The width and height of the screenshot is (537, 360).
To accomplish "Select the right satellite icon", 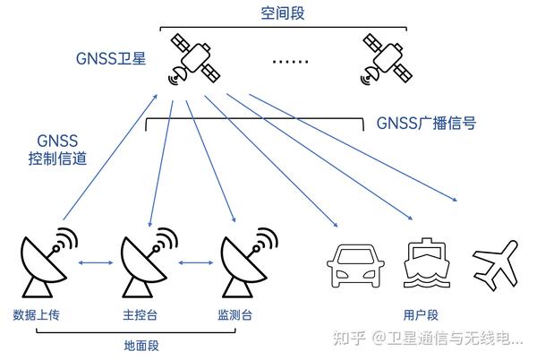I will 387,58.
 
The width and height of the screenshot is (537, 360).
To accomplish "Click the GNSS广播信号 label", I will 425,123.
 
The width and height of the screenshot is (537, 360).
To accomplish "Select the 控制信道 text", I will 55,158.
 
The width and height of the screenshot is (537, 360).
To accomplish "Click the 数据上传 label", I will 36,314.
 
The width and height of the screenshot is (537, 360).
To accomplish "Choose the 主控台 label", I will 139,314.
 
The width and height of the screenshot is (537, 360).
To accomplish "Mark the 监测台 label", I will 234,314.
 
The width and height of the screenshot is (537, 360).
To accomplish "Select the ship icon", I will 424,263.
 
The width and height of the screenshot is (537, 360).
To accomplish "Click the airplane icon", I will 497,262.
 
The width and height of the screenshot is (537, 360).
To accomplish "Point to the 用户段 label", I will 419,314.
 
